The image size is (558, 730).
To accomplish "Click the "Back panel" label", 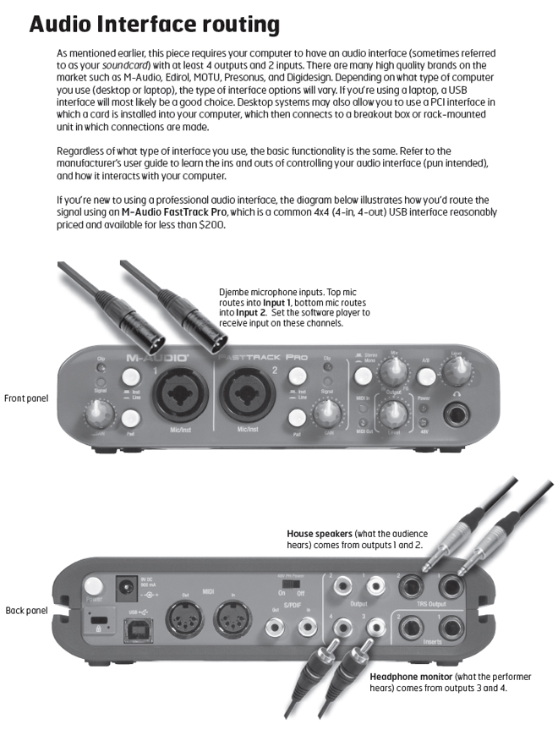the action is (x=26, y=608).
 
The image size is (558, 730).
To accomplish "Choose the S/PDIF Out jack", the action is (x=275, y=628).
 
